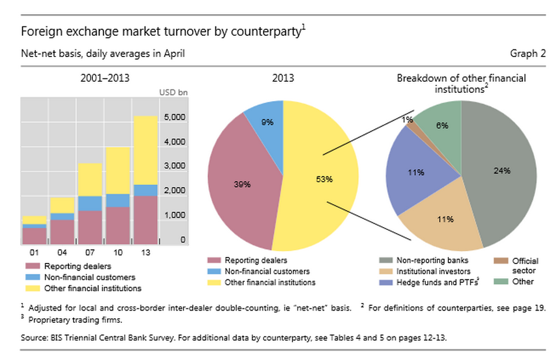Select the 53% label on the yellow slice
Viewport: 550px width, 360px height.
click(324, 179)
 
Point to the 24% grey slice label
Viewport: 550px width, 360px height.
click(502, 171)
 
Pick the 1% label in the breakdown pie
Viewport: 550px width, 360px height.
click(408, 119)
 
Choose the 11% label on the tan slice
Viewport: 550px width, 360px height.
click(445, 219)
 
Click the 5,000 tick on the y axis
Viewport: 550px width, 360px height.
click(175, 117)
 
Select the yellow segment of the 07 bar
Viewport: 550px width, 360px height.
click(91, 179)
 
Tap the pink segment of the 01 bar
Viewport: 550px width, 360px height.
click(35, 235)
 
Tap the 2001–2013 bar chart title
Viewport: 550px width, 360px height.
click(105, 78)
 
